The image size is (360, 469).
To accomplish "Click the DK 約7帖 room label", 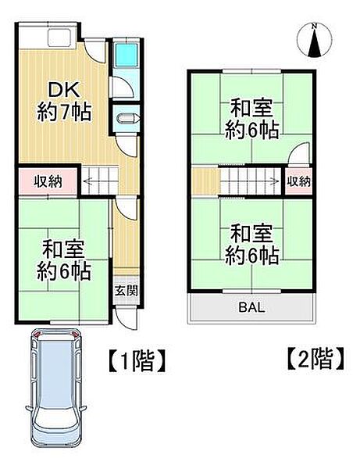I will point(64,101).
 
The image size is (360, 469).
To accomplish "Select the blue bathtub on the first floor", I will point(124,55).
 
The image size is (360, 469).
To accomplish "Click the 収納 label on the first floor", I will point(47,181).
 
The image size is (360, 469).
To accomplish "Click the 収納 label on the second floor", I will point(298,181).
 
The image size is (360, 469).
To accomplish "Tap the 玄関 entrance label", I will point(126,290).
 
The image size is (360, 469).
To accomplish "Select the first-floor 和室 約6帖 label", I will point(66,260).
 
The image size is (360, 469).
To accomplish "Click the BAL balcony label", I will point(251,306).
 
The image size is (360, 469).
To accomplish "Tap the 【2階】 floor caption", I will point(312,360).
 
